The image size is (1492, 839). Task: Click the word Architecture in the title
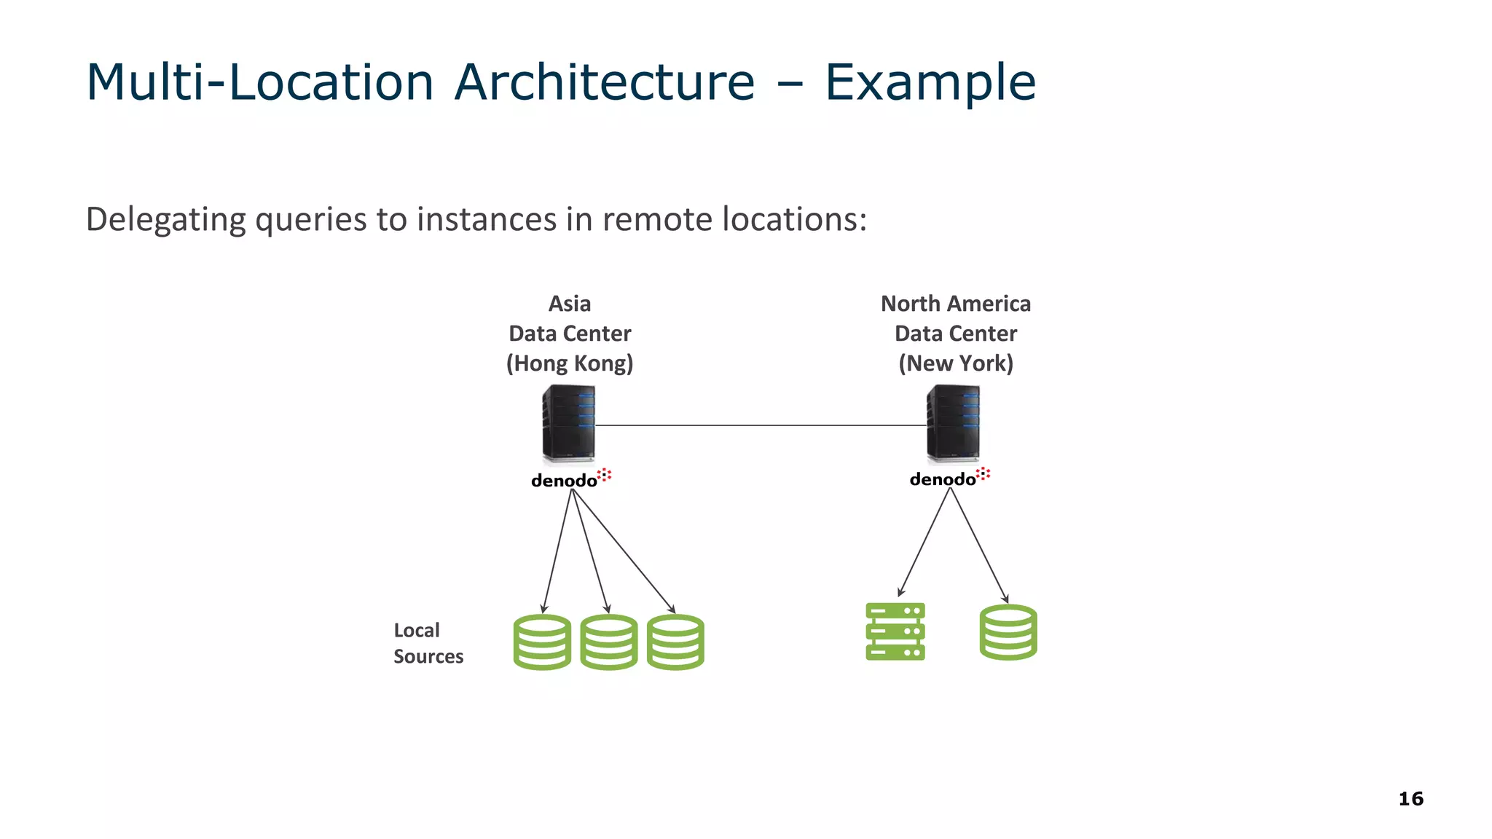pos(604,82)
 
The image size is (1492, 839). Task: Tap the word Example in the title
pos(930,82)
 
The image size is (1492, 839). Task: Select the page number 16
pos(1410,799)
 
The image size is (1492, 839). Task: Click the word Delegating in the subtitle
pos(165,219)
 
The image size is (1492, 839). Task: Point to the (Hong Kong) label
pos(570,363)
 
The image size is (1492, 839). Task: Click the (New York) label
pos(955,363)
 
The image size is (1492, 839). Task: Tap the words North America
pos(955,304)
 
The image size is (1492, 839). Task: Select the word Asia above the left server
pos(569,304)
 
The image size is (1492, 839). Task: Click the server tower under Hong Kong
pos(568,423)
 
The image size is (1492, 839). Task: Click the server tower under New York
pos(953,423)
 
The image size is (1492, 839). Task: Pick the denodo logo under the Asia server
pos(570,479)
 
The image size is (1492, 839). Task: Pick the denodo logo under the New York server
pos(949,478)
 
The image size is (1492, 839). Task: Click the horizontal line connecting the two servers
pos(761,425)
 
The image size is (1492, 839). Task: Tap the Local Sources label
pos(428,643)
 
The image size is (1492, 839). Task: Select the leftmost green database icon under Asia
pos(542,642)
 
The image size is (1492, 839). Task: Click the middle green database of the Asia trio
pos(608,642)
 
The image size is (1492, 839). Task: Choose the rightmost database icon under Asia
pos(675,642)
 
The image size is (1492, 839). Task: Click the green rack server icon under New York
pos(895,631)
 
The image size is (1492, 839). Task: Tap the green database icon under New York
pos(1008,632)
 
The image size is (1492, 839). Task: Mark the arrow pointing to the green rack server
pos(924,542)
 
